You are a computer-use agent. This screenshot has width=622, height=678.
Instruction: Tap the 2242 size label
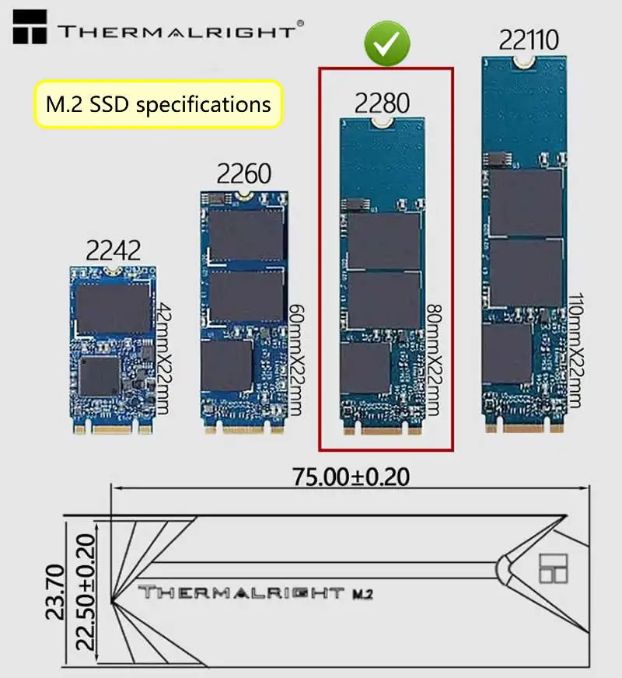point(114,250)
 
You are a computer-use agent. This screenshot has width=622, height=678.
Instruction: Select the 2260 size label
point(244,173)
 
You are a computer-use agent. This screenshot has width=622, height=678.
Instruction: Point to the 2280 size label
point(383,102)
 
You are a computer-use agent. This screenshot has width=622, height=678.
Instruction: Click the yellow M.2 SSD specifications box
point(158,103)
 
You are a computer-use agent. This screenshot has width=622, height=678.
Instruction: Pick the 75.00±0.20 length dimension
point(350,476)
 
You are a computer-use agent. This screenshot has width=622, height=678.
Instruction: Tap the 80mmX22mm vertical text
point(433,359)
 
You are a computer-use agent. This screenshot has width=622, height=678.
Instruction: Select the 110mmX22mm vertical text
point(575,350)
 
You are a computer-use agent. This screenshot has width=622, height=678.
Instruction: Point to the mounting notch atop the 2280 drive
point(383,122)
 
